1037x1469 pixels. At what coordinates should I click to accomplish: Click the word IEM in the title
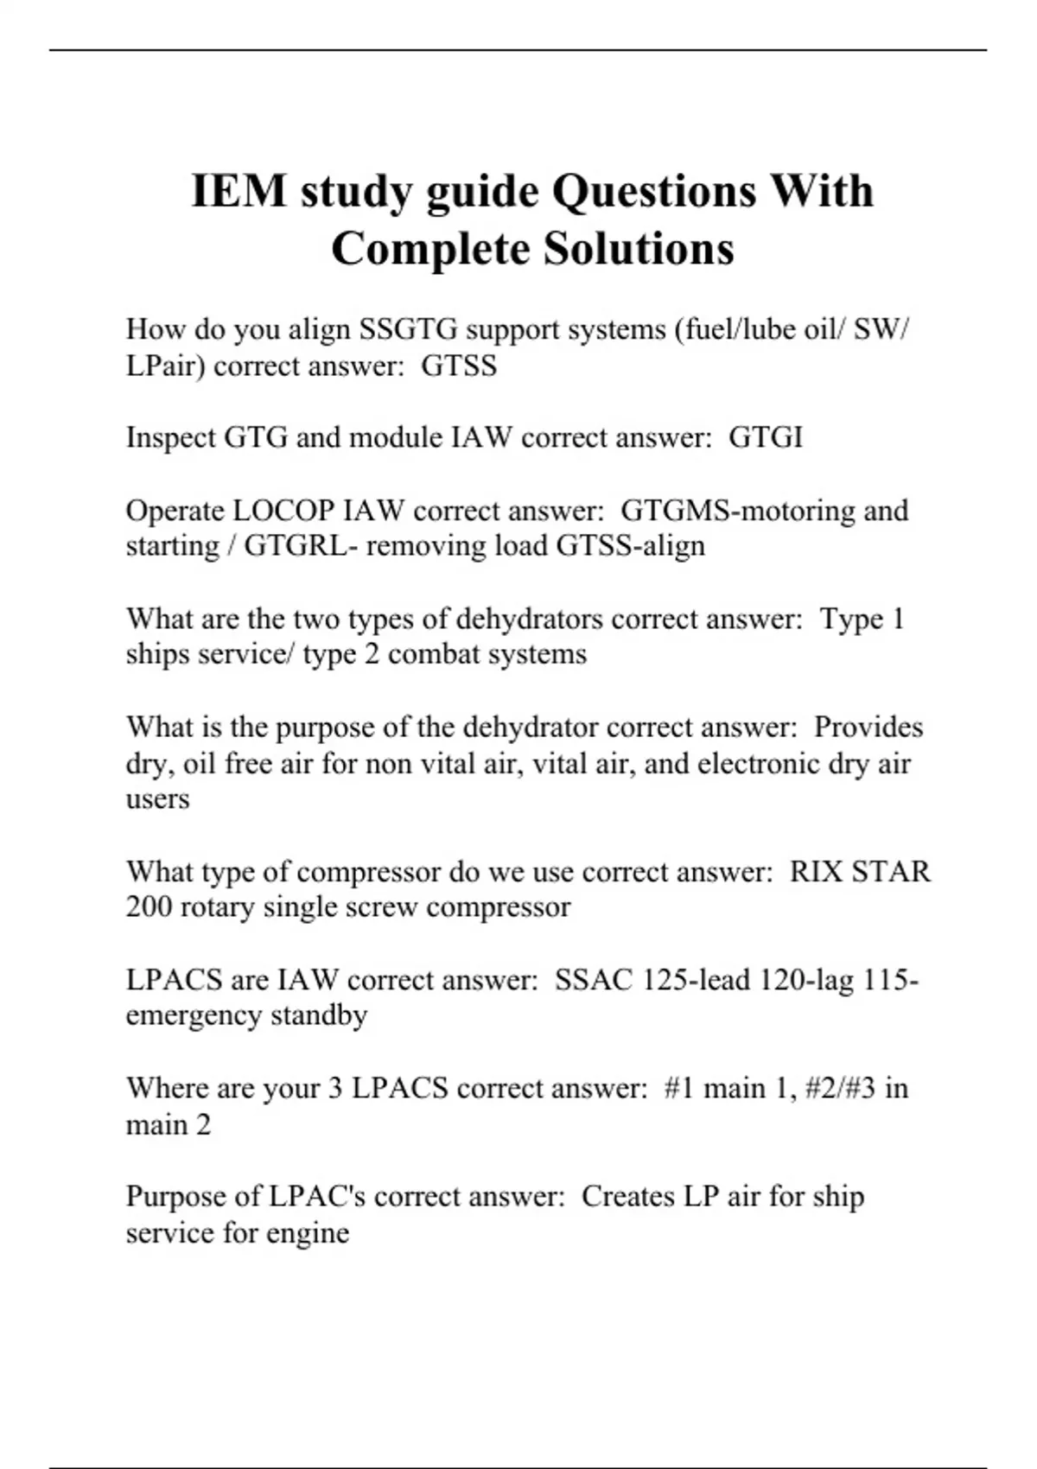coord(238,191)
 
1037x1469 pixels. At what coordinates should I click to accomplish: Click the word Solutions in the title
coord(639,249)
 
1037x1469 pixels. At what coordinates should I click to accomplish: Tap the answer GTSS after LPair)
coord(459,366)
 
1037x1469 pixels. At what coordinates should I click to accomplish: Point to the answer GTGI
coord(766,437)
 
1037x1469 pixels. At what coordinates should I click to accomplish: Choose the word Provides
coord(868,727)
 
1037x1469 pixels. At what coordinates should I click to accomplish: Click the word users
coord(157,799)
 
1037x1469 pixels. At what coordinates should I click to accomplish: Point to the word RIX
coord(816,871)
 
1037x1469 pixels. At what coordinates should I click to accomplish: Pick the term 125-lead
coord(697,980)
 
